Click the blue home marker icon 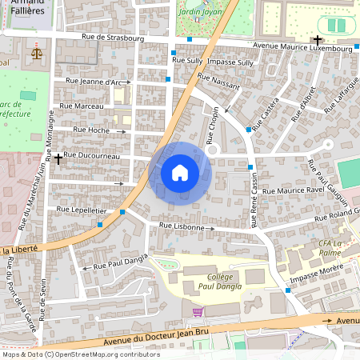[180, 173]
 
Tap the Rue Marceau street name [82, 106]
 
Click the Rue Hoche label [90, 130]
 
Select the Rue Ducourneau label [90, 154]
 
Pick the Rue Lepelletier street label [82, 209]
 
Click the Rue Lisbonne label [187, 226]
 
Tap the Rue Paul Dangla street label [122, 260]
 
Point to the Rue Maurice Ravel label [293, 190]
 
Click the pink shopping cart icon [198, 311]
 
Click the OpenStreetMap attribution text [80, 354]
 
